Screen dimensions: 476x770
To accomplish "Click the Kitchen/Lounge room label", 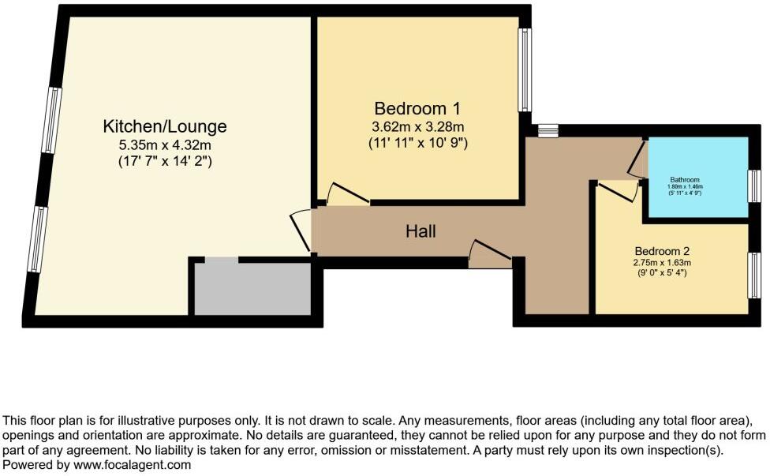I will (165, 126).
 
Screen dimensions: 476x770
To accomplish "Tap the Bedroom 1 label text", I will (417, 108).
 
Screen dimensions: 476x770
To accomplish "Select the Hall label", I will (421, 231).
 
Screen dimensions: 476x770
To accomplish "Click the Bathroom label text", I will (685, 179).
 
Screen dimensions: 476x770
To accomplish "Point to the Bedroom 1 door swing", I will (347, 194).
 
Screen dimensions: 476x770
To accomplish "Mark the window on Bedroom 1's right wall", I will (524, 70).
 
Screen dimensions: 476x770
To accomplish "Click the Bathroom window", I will (754, 187).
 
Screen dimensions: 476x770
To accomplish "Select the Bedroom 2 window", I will (754, 275).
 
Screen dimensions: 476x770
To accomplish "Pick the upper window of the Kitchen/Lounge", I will (52, 120).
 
